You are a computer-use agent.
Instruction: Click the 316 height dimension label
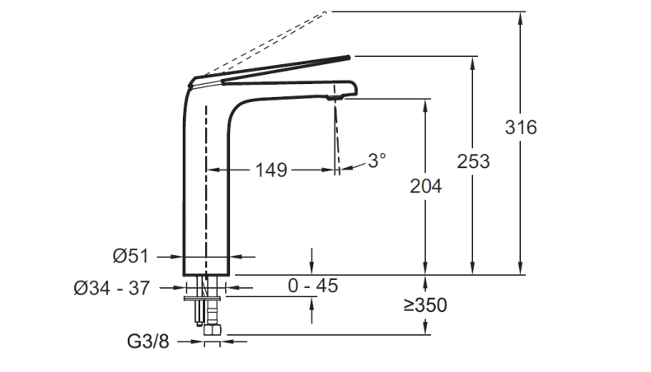521,128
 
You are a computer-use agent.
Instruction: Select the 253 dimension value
473,161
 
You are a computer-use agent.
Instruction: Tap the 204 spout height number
425,186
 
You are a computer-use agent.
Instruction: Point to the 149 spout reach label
271,170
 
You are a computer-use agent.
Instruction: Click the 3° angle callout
377,160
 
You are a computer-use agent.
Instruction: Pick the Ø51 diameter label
130,256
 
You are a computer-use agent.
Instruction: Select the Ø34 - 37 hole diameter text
112,288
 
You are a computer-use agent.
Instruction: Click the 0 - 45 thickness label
313,286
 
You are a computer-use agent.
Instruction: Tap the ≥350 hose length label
425,305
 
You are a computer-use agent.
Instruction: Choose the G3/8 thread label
148,342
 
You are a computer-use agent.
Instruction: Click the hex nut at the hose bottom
213,330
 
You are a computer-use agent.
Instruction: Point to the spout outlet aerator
335,97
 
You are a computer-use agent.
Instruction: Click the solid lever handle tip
349,58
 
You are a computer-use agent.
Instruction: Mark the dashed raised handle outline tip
327,12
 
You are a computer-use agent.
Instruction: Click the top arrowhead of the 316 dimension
521,17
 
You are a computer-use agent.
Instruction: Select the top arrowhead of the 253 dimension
472,62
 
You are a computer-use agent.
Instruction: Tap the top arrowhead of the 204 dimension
425,105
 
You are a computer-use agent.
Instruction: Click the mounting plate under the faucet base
202,298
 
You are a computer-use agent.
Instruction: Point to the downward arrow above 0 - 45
311,261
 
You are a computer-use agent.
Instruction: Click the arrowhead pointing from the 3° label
346,169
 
